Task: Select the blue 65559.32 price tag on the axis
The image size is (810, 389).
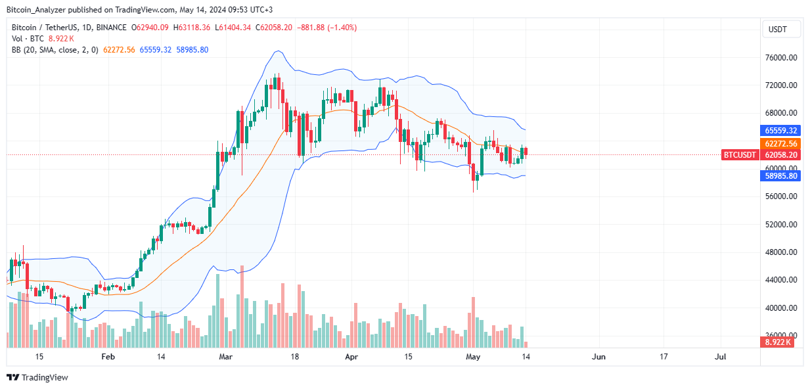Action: [780, 130]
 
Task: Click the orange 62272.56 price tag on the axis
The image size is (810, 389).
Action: [780, 143]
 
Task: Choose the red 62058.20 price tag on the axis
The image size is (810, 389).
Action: [780, 155]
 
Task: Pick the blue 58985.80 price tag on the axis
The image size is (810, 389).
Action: [780, 176]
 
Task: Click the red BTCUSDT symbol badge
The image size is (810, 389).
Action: [739, 155]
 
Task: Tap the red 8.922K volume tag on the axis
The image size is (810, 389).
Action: [780, 343]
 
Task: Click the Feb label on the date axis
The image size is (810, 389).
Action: [108, 357]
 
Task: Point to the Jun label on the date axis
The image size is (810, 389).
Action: [598, 357]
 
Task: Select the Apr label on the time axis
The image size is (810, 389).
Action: [351, 357]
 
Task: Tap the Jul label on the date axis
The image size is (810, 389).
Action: [720, 357]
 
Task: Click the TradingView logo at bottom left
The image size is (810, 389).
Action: [37, 377]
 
